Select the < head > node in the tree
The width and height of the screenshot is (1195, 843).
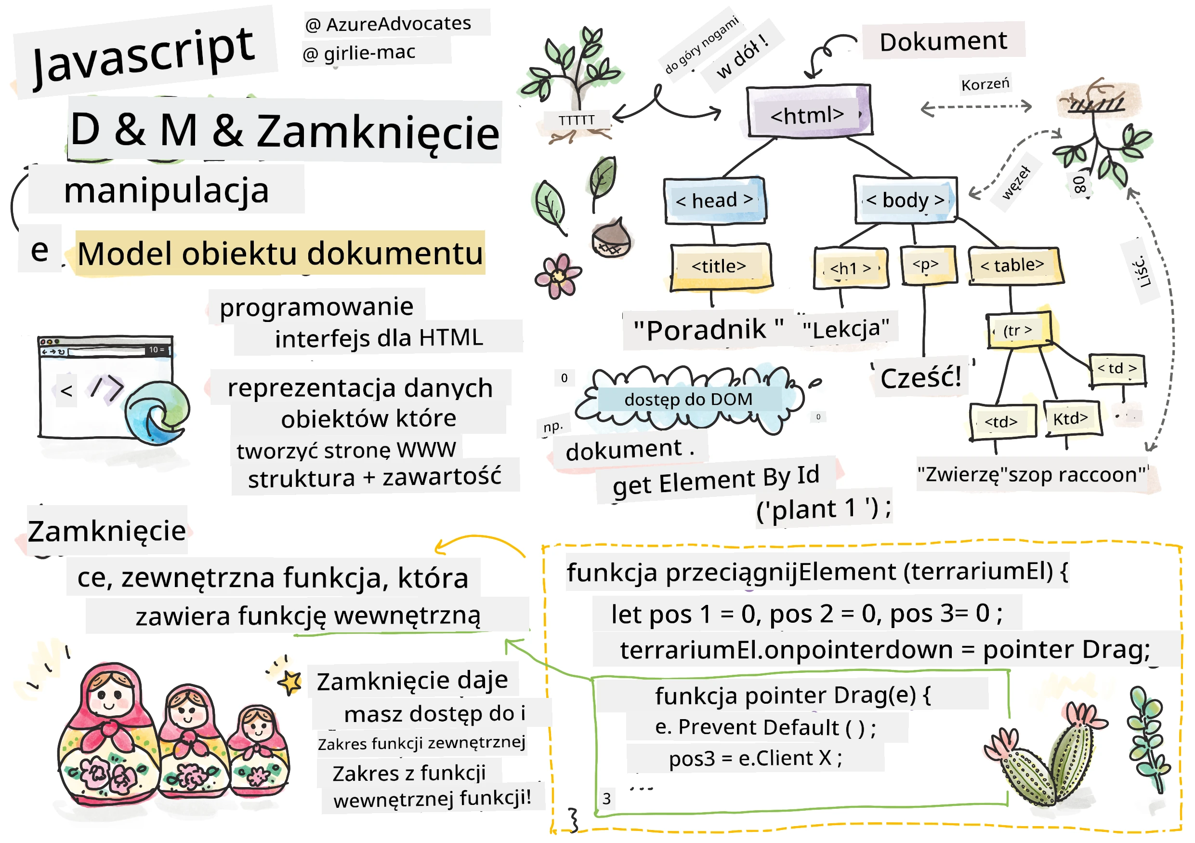(x=715, y=201)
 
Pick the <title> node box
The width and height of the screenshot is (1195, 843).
(x=721, y=267)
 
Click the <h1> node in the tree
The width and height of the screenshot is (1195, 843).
(x=851, y=268)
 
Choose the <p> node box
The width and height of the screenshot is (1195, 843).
(x=928, y=266)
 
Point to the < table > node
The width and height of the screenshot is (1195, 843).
(x=1014, y=266)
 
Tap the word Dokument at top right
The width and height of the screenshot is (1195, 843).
(x=943, y=41)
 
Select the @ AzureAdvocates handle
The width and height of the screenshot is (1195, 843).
(x=388, y=24)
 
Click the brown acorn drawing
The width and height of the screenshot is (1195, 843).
(x=611, y=239)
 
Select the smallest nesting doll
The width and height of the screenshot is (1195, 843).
(x=259, y=751)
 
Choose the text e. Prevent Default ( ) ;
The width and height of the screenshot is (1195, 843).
(x=765, y=727)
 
